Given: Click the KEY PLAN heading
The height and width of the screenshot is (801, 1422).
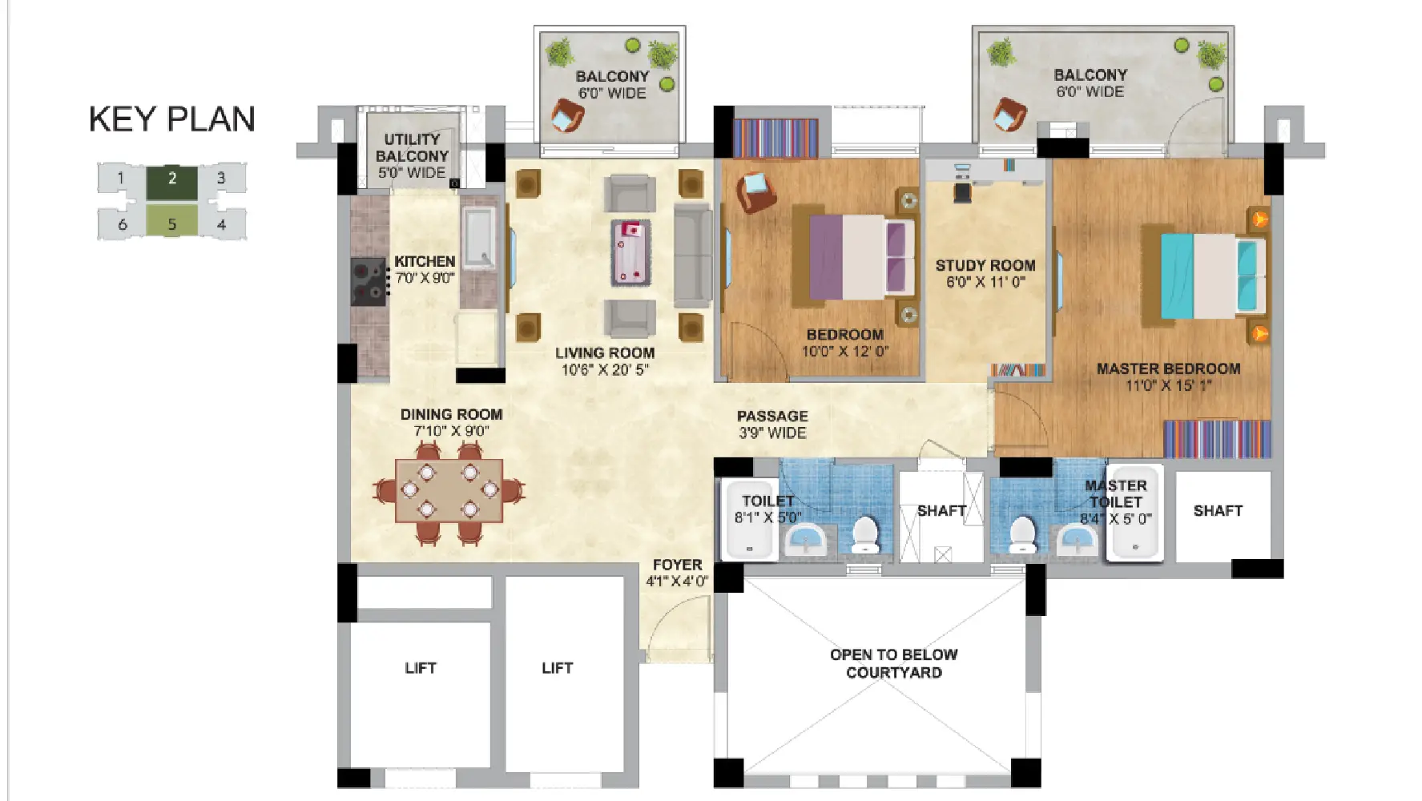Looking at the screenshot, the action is (172, 119).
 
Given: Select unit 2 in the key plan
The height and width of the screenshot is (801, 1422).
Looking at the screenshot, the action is (171, 182).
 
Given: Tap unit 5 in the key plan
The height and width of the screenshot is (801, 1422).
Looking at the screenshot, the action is (171, 221).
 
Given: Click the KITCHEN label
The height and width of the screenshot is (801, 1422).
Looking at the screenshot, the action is (425, 262).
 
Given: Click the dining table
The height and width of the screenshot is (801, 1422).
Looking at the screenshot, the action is (449, 490).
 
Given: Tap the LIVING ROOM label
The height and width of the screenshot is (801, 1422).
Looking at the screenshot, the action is (605, 353).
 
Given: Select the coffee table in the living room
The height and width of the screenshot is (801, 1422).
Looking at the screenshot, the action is (630, 252).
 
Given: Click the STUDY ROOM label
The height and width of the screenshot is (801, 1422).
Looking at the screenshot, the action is (985, 265).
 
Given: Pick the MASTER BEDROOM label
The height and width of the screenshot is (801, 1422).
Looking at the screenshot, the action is (1168, 369).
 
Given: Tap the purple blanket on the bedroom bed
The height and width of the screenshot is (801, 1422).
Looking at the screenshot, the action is (825, 256).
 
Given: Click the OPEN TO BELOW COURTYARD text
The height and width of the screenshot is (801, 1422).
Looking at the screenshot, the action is (894, 664).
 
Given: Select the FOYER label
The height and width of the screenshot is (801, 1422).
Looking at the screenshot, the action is (677, 565).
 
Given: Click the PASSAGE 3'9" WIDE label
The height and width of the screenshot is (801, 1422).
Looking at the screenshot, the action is (772, 425).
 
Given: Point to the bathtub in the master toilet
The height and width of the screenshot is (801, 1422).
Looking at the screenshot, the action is (1134, 512).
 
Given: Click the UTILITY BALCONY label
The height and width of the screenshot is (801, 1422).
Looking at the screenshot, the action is (413, 147).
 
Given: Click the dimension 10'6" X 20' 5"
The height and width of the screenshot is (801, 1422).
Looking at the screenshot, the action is (605, 370).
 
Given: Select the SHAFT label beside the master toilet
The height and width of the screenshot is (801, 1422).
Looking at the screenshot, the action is (1218, 511).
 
